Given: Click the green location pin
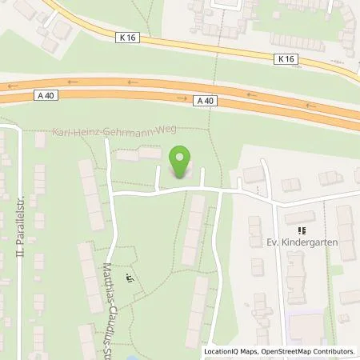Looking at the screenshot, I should (182, 157).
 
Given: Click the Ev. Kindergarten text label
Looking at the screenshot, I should (293, 238).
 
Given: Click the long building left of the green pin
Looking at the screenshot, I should (138, 153).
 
